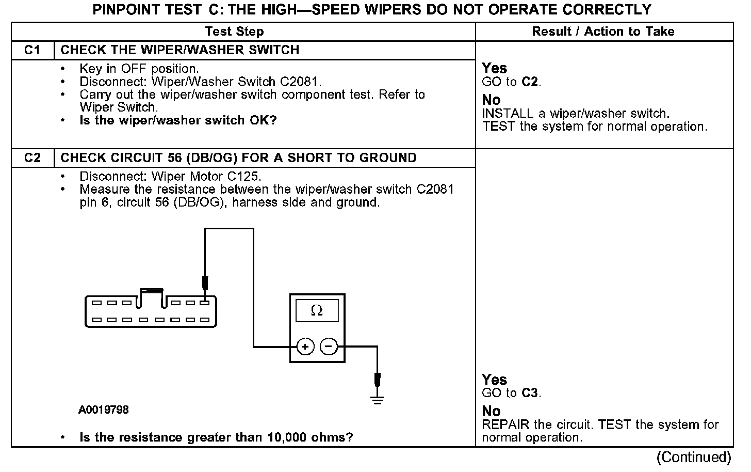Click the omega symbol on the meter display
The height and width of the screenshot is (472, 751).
(x=317, y=310)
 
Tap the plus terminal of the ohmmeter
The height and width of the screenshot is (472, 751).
(x=305, y=347)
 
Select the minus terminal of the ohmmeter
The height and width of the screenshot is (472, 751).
(x=329, y=347)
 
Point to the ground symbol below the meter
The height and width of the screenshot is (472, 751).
(x=378, y=398)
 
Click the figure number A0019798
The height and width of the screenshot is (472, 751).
(x=104, y=410)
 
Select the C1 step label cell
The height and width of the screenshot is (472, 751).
(x=32, y=50)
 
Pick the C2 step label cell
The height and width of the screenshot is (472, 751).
(x=32, y=158)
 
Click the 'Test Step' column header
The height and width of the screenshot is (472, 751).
(x=234, y=32)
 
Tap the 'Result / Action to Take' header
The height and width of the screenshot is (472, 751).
(x=603, y=32)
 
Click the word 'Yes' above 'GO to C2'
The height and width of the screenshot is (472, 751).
(x=494, y=68)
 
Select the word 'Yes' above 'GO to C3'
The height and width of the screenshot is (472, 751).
(x=494, y=380)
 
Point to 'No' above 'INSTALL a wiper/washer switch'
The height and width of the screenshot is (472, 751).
(x=491, y=100)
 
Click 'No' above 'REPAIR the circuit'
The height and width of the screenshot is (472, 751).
(x=491, y=411)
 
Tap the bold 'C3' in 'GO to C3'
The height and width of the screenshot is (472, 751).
(x=530, y=393)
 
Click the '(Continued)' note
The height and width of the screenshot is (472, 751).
(x=694, y=458)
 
